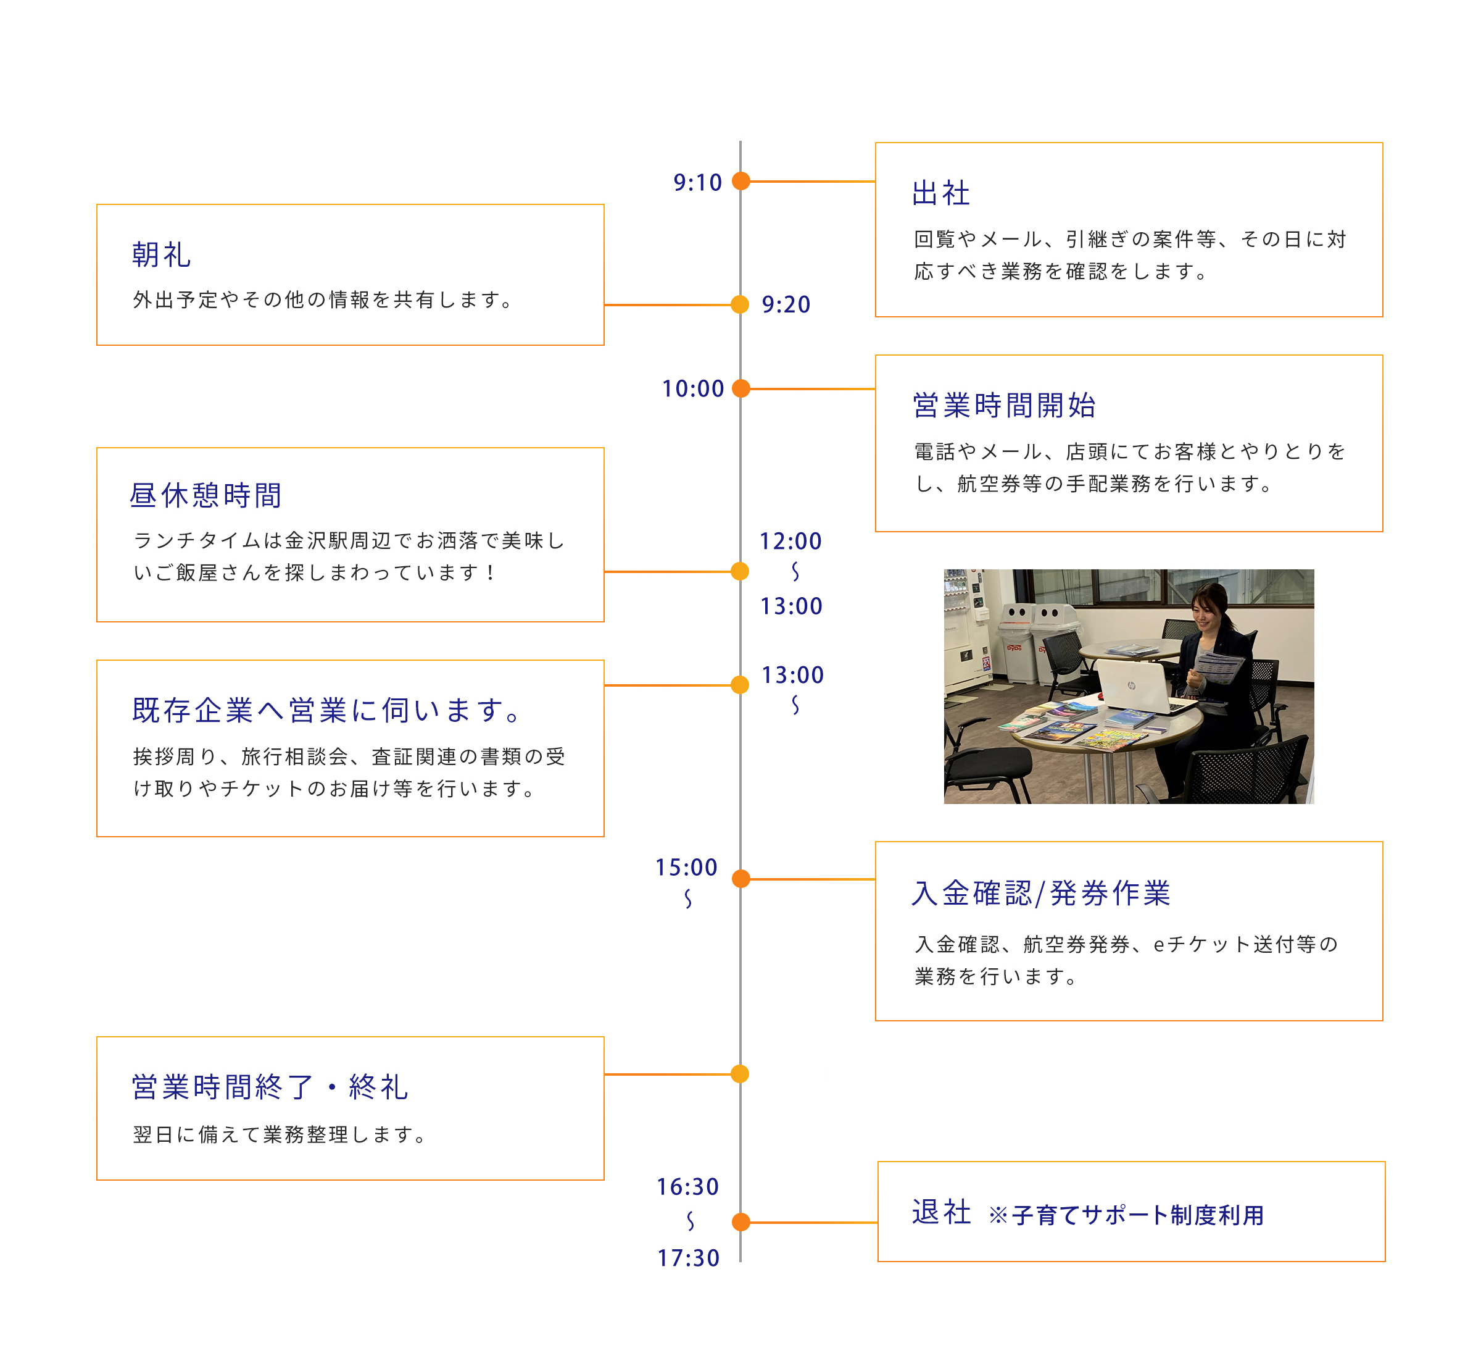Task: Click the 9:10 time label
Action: pyautogui.click(x=697, y=182)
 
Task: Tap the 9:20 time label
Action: pyautogui.click(x=786, y=304)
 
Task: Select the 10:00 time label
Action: pyautogui.click(x=692, y=388)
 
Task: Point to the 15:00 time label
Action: pyautogui.click(x=686, y=867)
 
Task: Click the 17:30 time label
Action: pyautogui.click(x=688, y=1257)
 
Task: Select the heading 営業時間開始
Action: pyautogui.click(x=1004, y=405)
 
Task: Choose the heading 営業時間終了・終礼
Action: pyautogui.click(x=270, y=1087)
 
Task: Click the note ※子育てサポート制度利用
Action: pyautogui.click(x=1126, y=1215)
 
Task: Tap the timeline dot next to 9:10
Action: pyautogui.click(x=741, y=180)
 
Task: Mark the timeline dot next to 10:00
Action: pyautogui.click(x=741, y=388)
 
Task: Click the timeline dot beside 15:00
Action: pyautogui.click(x=741, y=879)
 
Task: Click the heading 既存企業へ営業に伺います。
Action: pyautogui.click(x=328, y=710)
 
